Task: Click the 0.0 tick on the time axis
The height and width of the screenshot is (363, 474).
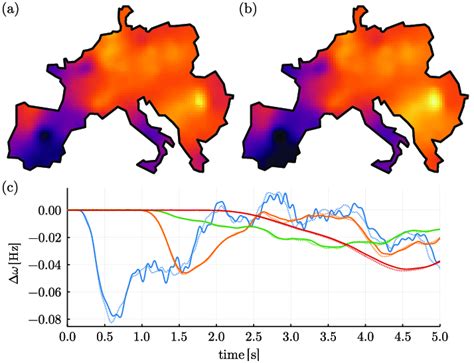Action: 67,341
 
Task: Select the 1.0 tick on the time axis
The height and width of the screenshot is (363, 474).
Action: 142,341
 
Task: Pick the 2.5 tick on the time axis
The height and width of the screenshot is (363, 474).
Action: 254,341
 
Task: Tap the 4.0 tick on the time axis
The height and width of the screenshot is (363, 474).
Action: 366,341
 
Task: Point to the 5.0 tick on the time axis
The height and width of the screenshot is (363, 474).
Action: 440,341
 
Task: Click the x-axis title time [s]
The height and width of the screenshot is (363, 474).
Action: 254,355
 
